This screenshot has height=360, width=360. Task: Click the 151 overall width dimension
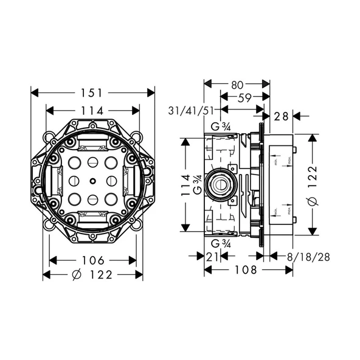coord(92,92)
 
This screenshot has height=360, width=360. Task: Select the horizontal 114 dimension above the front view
coord(93,111)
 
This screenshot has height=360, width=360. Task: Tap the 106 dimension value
coord(93,260)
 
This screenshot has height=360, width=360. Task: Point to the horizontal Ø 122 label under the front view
coord(92,275)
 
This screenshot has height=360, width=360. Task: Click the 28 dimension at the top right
coord(281,116)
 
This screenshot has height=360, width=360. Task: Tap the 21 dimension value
coord(212,257)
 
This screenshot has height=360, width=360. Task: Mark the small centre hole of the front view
coord(92,181)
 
